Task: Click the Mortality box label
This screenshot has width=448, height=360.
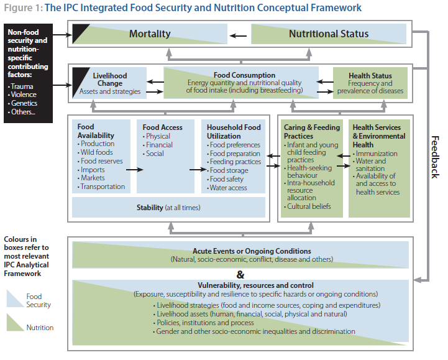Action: click(x=150, y=34)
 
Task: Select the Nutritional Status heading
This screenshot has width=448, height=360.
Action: click(x=329, y=34)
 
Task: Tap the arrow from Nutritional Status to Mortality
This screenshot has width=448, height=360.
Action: click(x=238, y=35)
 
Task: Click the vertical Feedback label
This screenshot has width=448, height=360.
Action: click(x=434, y=157)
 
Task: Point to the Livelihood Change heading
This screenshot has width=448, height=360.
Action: click(x=110, y=80)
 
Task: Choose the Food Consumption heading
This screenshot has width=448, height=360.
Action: click(x=244, y=75)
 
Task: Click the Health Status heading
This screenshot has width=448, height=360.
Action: click(x=370, y=75)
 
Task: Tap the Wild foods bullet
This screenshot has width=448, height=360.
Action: click(x=95, y=152)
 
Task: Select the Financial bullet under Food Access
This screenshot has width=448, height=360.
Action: click(x=157, y=145)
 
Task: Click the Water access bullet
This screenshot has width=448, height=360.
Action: click(x=227, y=188)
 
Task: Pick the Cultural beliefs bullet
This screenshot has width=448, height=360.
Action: click(x=307, y=206)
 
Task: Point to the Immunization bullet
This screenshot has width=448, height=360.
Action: click(x=375, y=154)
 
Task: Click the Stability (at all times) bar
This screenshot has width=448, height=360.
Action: click(x=168, y=207)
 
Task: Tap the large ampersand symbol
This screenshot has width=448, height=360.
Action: click(x=240, y=275)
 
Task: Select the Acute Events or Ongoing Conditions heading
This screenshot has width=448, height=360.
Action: click(x=252, y=251)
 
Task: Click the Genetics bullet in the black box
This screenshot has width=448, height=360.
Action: click(x=22, y=103)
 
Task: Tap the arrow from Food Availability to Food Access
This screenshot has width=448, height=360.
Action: click(x=134, y=170)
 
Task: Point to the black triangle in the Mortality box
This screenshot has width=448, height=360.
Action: click(x=78, y=31)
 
